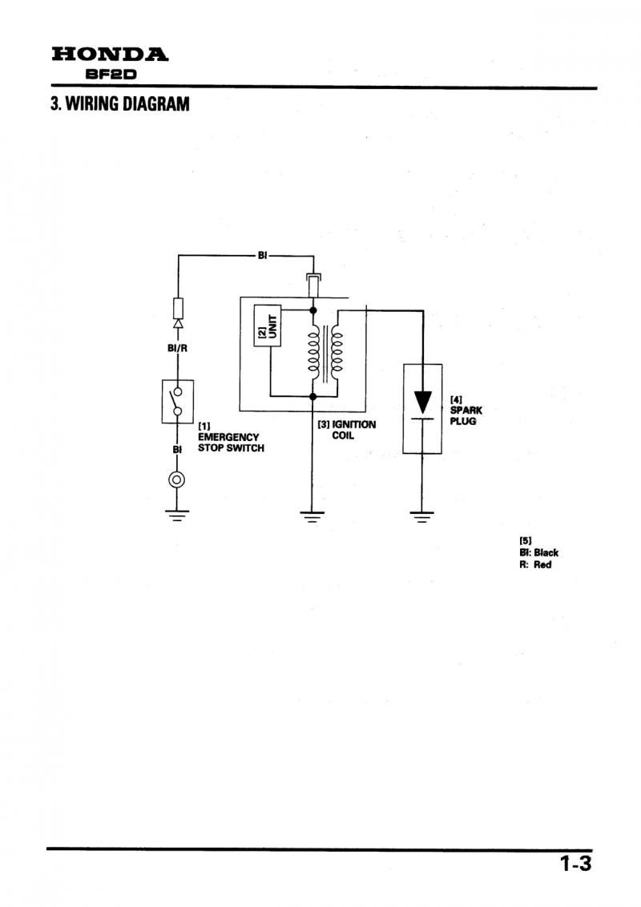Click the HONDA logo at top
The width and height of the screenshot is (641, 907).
pos(110,55)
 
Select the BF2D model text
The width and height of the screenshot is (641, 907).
pos(111,75)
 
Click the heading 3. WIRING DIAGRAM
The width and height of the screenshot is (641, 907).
pos(120,104)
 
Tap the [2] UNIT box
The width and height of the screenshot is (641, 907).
pos(268,326)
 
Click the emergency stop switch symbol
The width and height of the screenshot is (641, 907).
pos(177,402)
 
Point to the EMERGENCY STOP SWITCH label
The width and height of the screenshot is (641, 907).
pos(231,437)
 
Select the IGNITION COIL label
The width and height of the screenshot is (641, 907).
pos(347,430)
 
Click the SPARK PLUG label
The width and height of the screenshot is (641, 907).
pos(466,411)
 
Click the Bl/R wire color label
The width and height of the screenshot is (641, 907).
pos(177,349)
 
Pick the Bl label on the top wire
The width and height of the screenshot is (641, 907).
pos(262,255)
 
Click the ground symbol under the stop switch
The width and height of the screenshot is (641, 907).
pos(177,516)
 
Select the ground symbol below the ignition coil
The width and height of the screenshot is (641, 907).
pos(312,516)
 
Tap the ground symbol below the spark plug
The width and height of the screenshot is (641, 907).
pos(422,516)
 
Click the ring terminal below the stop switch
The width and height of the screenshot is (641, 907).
pos(177,480)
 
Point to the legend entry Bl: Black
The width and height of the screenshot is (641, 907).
pos(538,553)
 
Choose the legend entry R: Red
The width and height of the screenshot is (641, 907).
pos(535,565)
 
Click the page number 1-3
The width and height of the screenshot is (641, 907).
pos(575,864)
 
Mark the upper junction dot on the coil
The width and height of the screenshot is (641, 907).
pos(313,310)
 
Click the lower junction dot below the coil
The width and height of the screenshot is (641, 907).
pos(313,396)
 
